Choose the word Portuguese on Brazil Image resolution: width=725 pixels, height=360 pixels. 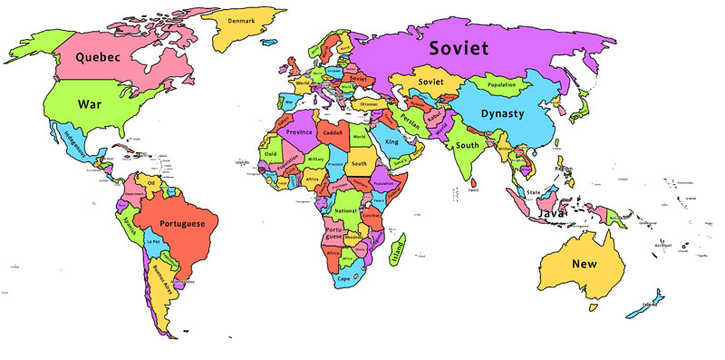coord(182,223)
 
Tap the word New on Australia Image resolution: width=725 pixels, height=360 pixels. coord(584,264)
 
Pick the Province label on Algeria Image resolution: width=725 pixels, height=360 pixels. coord(299,131)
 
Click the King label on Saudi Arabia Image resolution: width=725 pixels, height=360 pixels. coord(391,142)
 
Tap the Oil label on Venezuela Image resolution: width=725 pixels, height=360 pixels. coord(152,183)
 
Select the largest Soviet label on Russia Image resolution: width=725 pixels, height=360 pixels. coord(459,48)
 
